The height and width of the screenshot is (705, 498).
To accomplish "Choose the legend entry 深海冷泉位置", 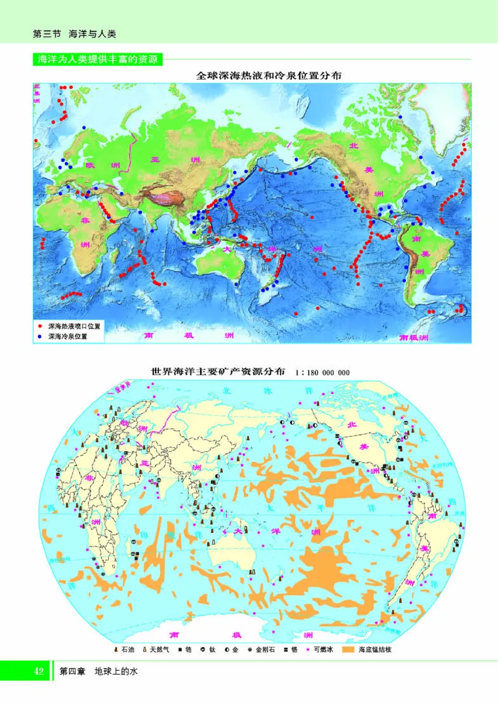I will pos(67,336).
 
